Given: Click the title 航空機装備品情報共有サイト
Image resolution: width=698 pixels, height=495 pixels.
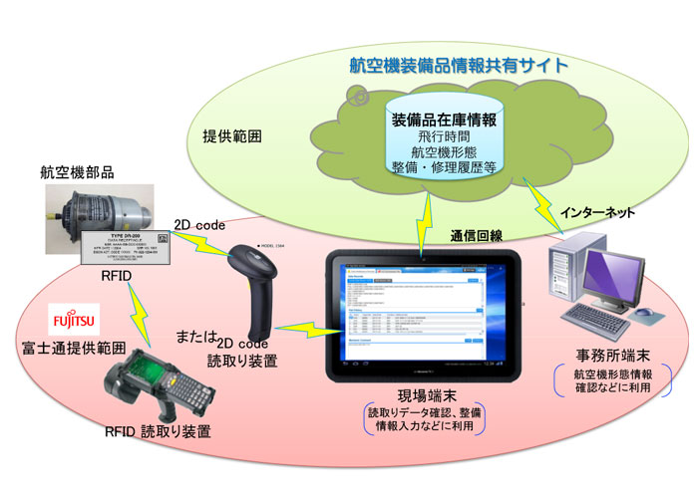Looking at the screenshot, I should tap(458, 66).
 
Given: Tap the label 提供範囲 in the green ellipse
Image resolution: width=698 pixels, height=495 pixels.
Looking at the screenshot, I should tap(231, 135).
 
